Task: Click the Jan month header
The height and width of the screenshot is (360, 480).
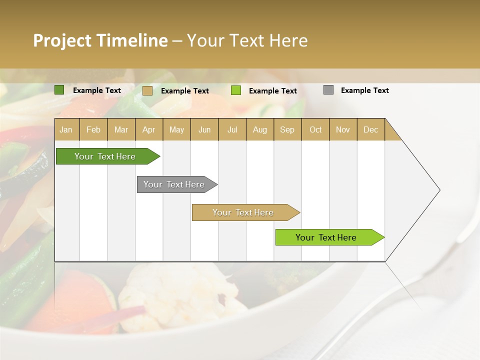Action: (x=66, y=129)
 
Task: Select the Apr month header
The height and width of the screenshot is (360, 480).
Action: (x=148, y=129)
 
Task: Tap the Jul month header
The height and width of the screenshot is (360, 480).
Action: (x=232, y=129)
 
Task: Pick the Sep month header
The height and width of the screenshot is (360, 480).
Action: (x=287, y=129)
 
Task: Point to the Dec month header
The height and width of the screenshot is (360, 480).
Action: (x=370, y=129)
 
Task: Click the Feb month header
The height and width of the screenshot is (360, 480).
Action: (x=93, y=129)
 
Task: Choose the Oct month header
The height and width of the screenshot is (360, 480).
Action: (x=315, y=129)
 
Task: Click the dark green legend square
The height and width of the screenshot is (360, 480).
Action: (x=59, y=90)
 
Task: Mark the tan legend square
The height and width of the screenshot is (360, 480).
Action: (x=147, y=90)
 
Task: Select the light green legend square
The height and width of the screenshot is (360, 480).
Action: (x=236, y=90)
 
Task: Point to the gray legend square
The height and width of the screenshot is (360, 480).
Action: (x=328, y=90)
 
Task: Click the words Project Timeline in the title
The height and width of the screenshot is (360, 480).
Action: (x=100, y=40)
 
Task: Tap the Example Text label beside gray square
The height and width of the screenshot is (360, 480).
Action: (x=364, y=90)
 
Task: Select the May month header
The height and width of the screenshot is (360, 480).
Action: (x=176, y=129)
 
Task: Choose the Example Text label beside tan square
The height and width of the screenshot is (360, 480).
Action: (x=184, y=91)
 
